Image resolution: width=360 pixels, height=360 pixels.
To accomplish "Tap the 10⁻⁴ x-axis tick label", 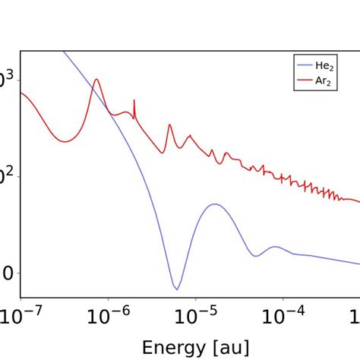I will pos(283,314).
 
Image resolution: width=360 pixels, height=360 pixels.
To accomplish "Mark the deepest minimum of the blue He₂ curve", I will pos(176,289).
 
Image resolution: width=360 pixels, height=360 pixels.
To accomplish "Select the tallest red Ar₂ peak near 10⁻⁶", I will pos(96,79).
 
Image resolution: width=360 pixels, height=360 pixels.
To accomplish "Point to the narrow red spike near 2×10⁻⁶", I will pos(134,100).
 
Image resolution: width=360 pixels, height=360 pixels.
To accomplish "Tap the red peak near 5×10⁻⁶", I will pos(169,125).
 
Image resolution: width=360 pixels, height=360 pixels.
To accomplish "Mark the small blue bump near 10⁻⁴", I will pos(276,247).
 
